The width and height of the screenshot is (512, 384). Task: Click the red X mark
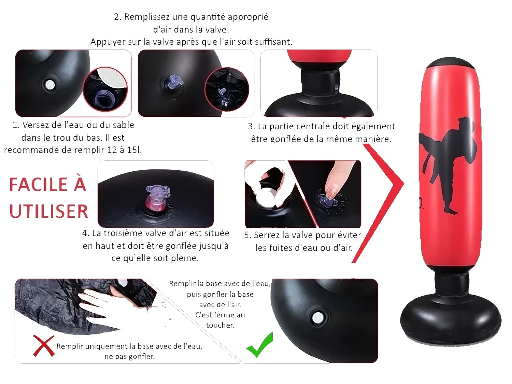tap(44, 346)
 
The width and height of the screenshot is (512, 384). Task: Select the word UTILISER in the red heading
tap(48, 211)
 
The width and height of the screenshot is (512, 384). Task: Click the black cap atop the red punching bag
tap(451, 63)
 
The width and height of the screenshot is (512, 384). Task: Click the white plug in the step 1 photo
tap(50, 84)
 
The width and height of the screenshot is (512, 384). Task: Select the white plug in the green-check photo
tap(317, 318)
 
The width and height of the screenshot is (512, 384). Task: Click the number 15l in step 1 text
tap(134, 150)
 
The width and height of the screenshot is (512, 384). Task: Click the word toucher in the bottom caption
tap(220, 325)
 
